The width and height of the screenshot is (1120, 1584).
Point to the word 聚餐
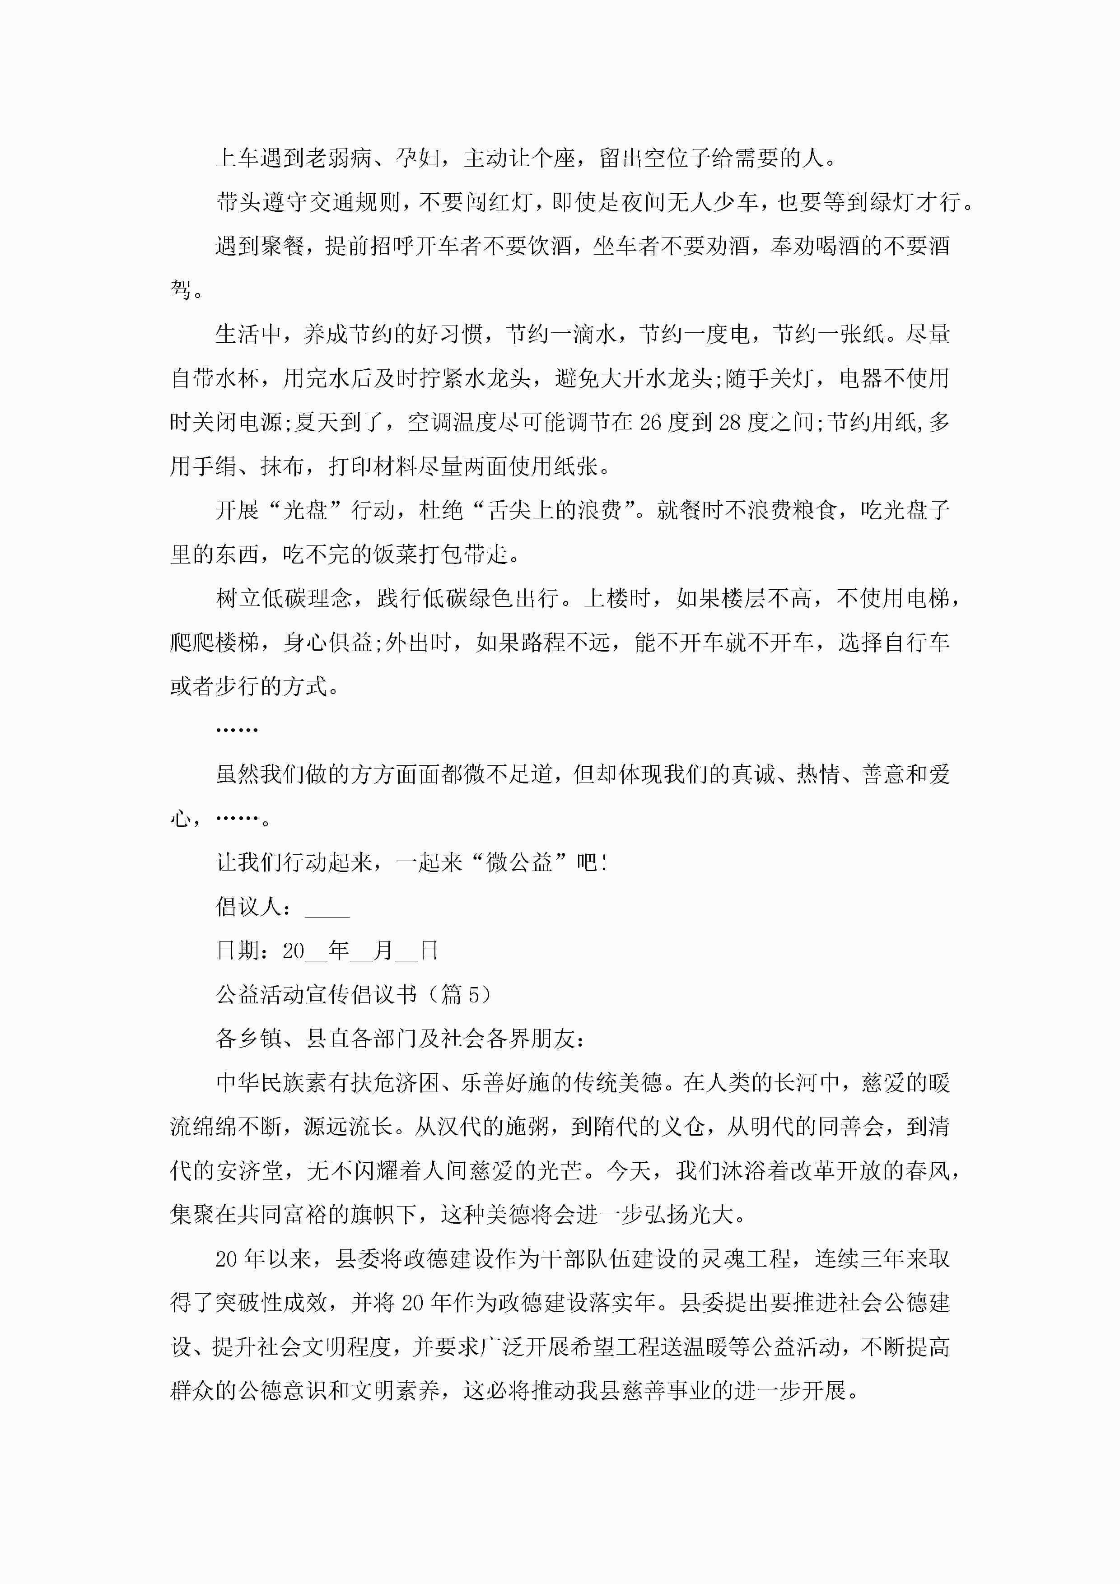coord(283,246)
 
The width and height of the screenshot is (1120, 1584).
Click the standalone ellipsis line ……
coord(237,730)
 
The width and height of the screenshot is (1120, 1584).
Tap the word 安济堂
coord(249,1171)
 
